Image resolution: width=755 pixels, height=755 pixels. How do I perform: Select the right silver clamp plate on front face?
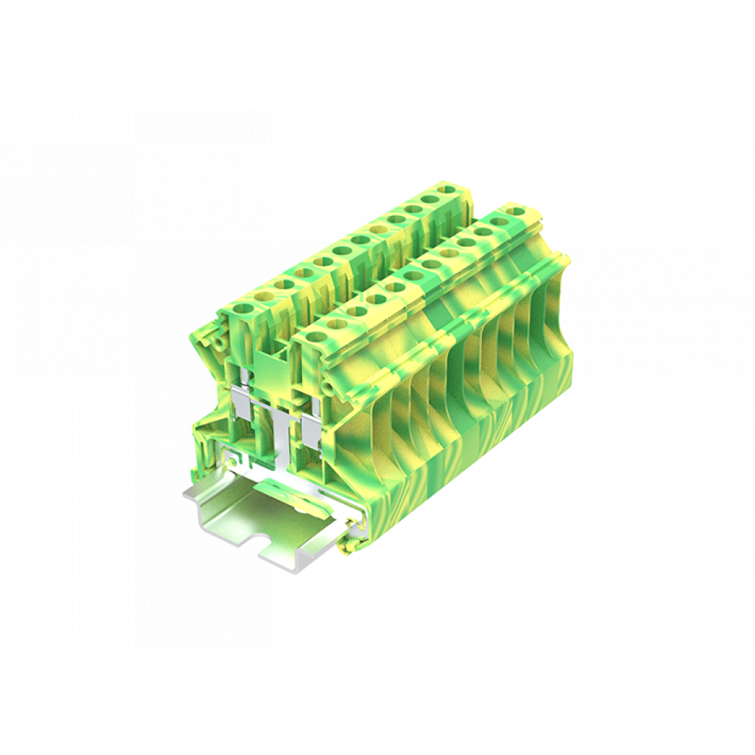click(312, 430)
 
